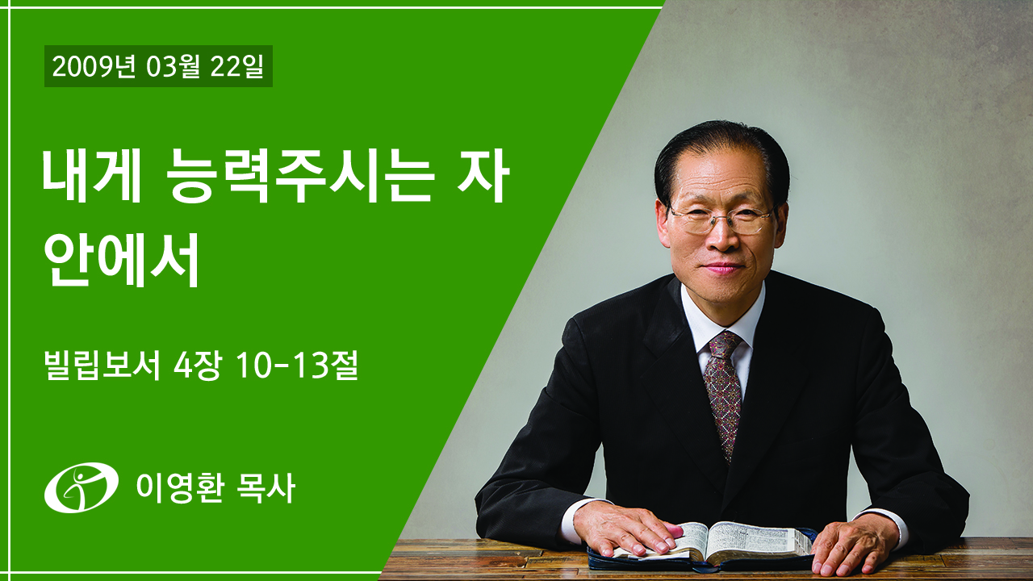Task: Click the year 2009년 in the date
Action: tap(94, 66)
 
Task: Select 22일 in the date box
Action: tap(236, 66)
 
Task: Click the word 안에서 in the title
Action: tap(121, 260)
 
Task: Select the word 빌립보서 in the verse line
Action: tap(102, 365)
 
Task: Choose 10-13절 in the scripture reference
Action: tap(296, 365)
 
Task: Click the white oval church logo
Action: tap(82, 487)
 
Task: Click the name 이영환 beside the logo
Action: tap(180, 488)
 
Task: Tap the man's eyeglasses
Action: tap(721, 219)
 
